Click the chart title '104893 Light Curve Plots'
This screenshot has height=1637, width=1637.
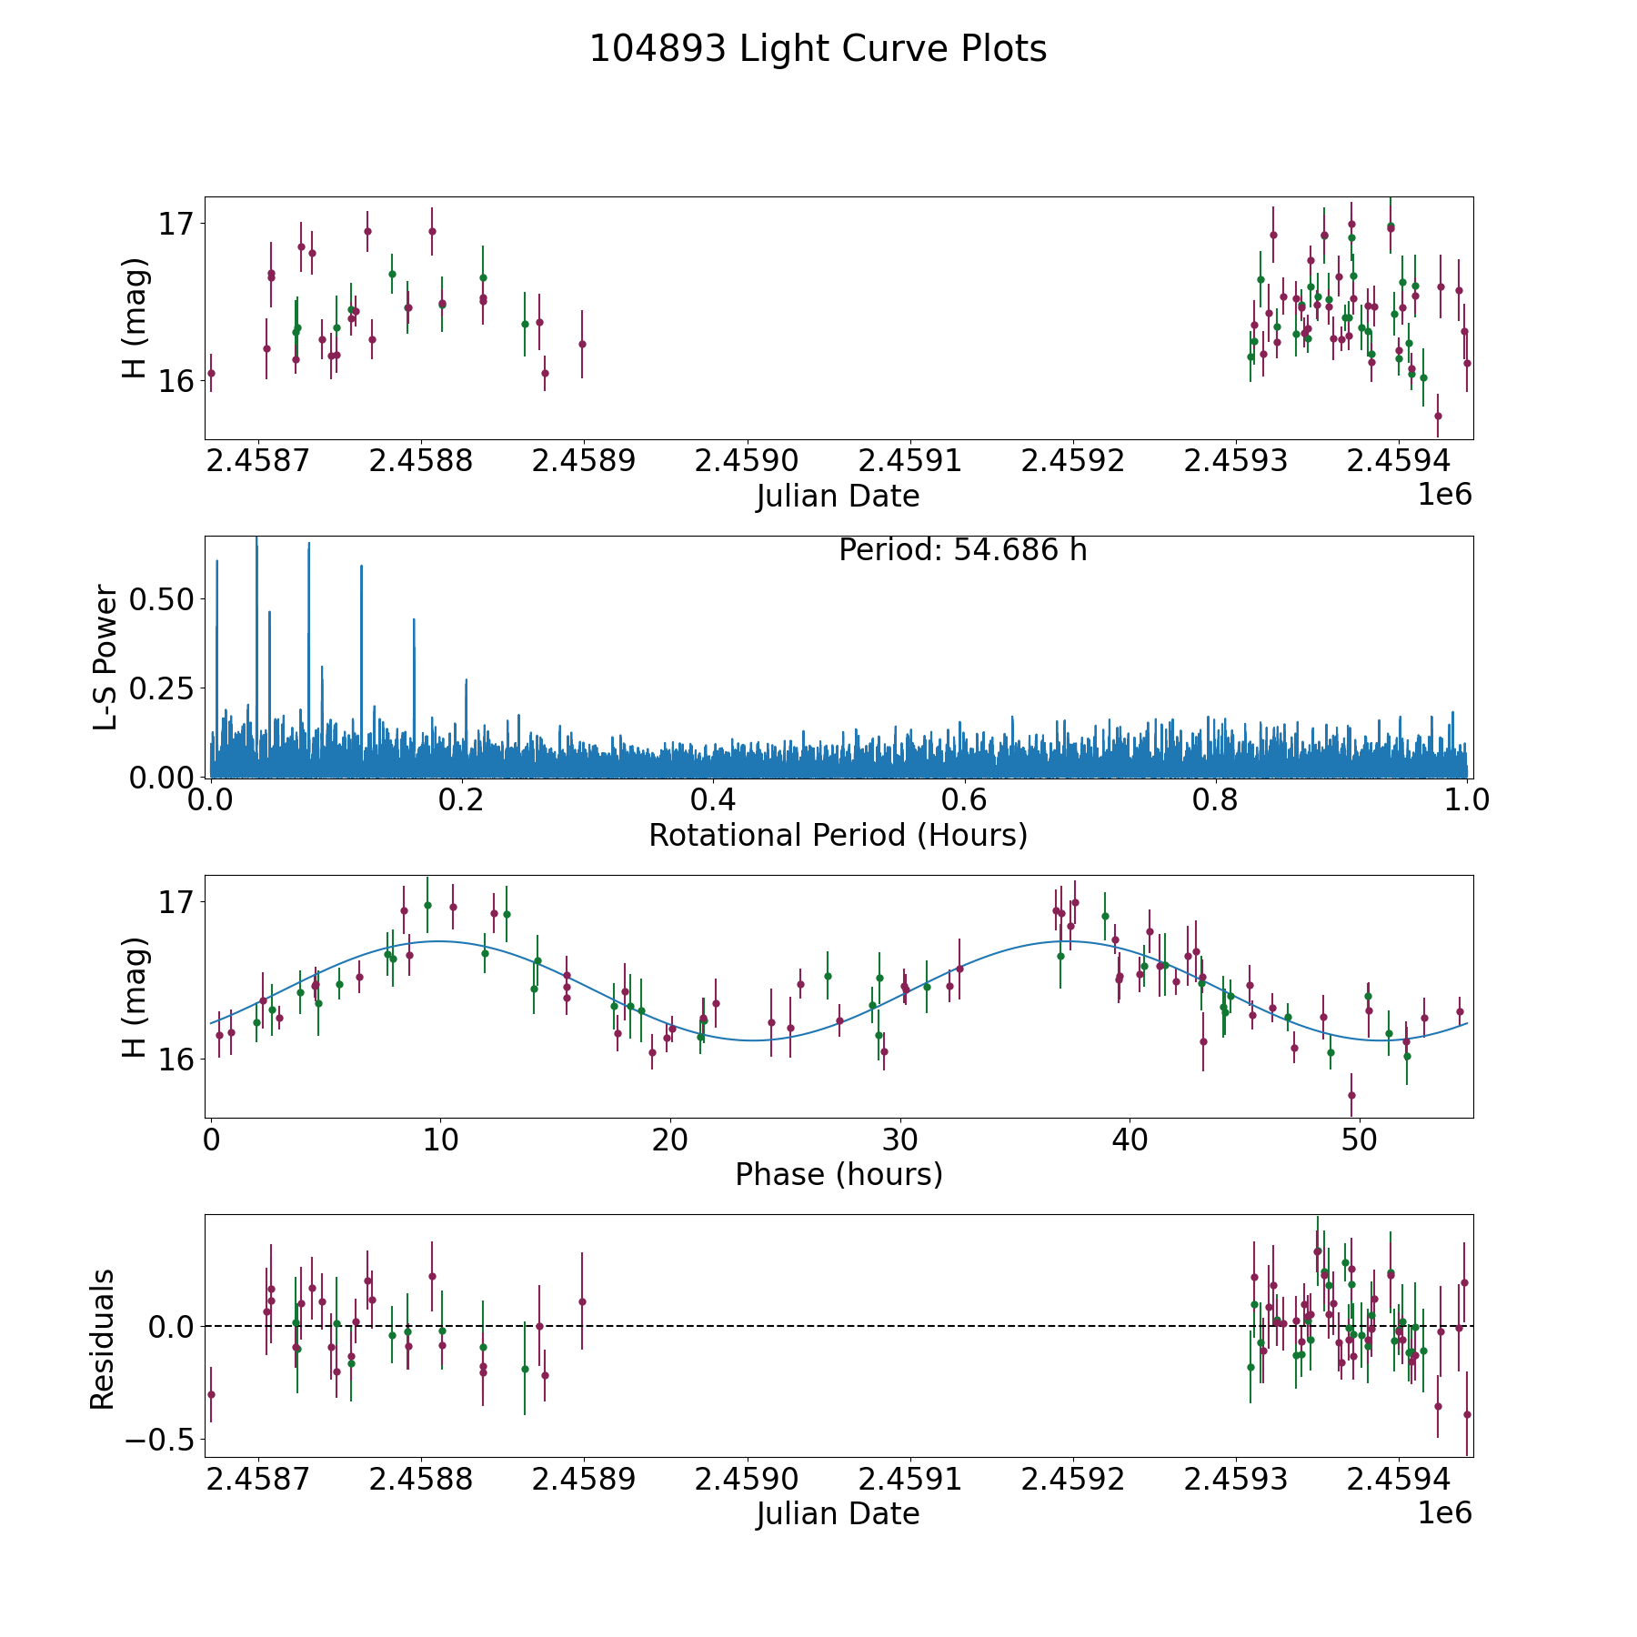(818, 49)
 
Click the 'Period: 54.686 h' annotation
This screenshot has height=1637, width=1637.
(962, 550)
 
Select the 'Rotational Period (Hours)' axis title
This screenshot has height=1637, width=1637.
(838, 835)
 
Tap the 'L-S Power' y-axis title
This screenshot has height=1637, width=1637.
(105, 657)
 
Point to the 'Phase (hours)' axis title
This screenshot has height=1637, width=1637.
(838, 1174)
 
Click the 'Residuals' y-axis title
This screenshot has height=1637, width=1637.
(103, 1339)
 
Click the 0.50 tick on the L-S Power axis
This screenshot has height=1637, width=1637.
(161, 598)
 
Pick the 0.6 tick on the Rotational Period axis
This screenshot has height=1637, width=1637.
(964, 800)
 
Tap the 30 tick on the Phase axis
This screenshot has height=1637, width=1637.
(900, 1140)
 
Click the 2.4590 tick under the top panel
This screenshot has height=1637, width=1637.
(746, 461)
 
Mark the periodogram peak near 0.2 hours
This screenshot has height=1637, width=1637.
(466, 680)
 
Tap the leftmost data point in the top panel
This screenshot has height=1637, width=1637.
(211, 373)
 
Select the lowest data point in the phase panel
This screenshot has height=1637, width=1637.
(1351, 1095)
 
